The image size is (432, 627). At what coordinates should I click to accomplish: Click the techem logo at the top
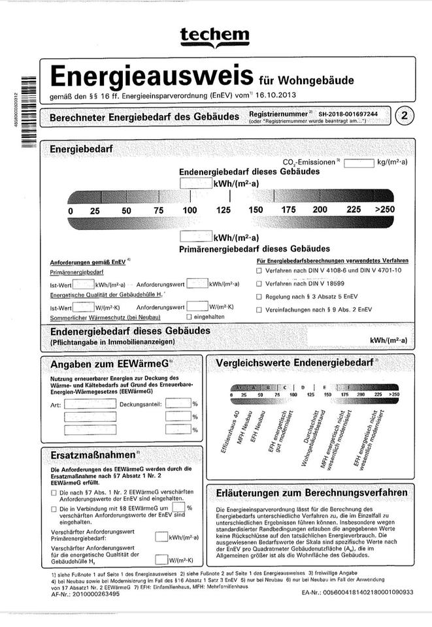[x=215, y=36]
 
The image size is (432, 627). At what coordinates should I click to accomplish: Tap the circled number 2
[x=406, y=116]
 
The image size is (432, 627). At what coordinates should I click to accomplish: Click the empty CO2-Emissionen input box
[x=358, y=163]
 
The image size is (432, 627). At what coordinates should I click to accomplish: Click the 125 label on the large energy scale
[x=223, y=210]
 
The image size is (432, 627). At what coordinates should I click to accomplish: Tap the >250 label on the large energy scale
[x=385, y=210]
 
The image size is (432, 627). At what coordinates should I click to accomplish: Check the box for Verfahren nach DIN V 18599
[x=259, y=284]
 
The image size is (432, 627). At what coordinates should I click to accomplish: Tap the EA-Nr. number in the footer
[x=357, y=592]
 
